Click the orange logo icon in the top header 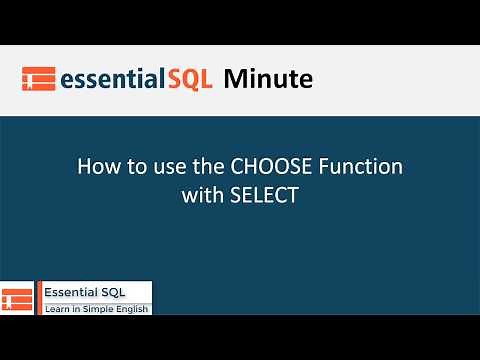pos(37,79)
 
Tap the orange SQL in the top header pos(189,78)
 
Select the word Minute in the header pos(268,77)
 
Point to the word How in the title pos(97,166)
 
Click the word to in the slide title pos(131,166)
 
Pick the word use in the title pos(161,166)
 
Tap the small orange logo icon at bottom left pos(17,298)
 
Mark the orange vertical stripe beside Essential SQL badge pos(39,298)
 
